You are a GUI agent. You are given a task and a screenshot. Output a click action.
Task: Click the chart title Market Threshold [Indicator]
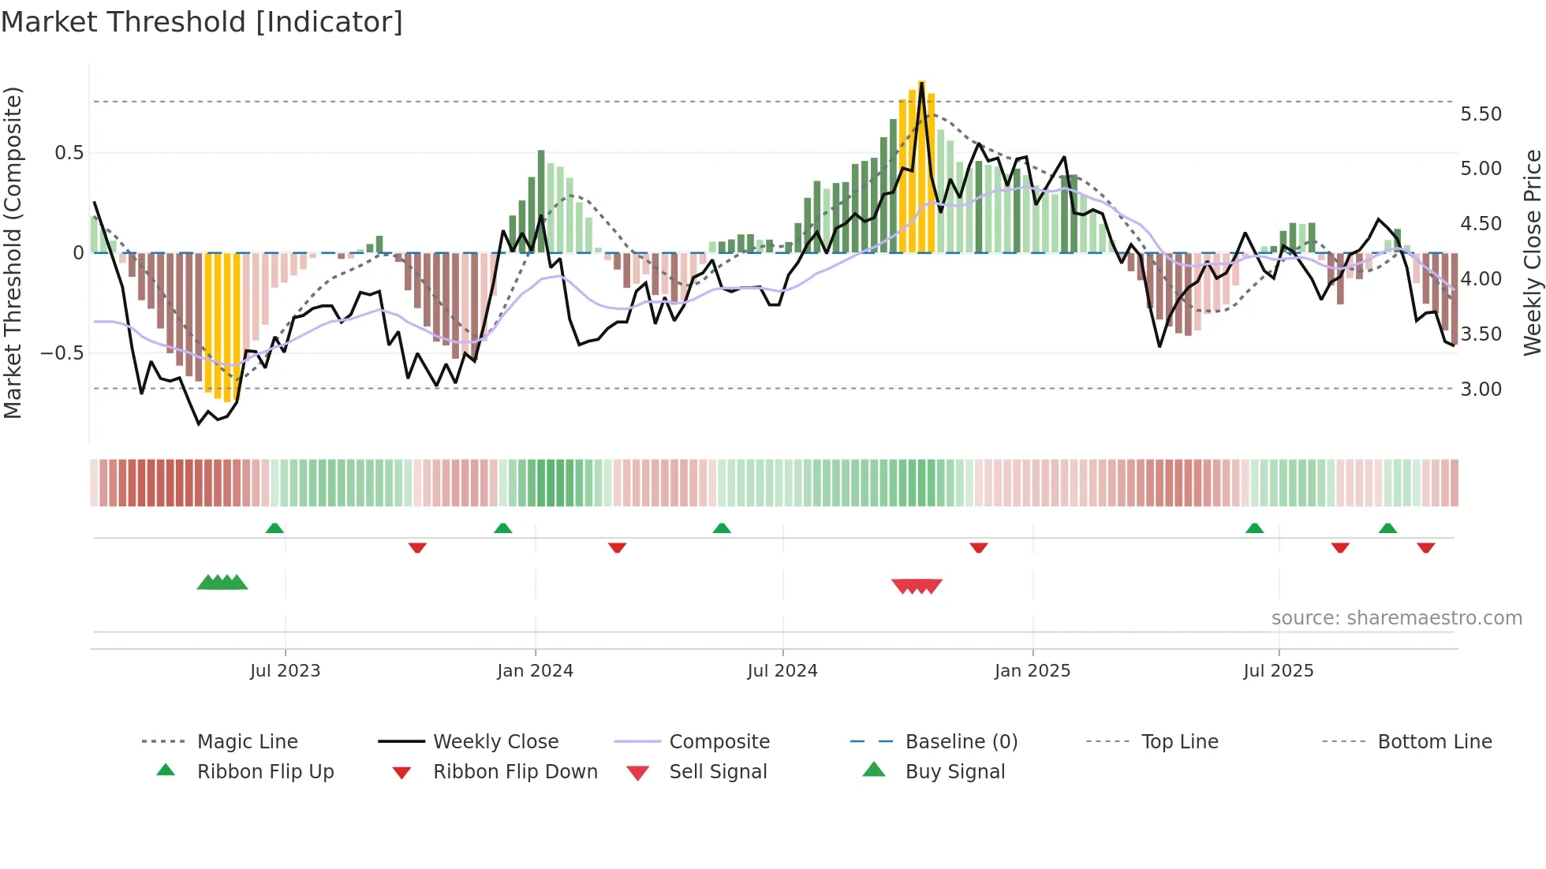coord(202,22)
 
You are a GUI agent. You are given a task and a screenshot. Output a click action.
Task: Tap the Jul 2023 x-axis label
coord(285,671)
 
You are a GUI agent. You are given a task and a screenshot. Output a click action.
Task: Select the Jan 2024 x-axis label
coord(535,671)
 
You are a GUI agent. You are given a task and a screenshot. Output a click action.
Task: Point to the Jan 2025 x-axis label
coord(1033,671)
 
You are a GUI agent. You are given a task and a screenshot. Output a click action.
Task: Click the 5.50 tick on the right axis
coord(1481,114)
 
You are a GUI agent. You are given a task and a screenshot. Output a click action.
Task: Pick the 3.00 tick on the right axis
coord(1481,390)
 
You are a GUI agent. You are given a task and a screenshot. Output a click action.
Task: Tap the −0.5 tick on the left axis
coord(62,352)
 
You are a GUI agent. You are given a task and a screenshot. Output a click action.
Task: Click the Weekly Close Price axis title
coord(1532,252)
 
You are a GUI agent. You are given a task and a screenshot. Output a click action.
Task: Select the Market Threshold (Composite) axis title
coord(13,252)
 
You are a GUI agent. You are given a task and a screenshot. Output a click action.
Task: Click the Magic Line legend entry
coord(247,742)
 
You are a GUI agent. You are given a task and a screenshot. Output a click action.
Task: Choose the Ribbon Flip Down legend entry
coord(515,772)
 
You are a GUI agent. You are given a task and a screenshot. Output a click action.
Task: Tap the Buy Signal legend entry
coord(954,772)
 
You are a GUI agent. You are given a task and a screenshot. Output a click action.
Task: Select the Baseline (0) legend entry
coord(961,742)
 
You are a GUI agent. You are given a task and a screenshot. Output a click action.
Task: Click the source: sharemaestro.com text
coord(1396,618)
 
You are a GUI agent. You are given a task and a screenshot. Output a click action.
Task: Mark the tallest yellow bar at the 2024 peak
coord(921,166)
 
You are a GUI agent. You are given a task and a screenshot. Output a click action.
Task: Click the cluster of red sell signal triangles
coord(917,586)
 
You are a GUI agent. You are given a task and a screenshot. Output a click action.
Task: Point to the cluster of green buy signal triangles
coord(222,583)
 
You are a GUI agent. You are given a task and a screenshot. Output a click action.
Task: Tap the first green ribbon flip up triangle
coord(274,528)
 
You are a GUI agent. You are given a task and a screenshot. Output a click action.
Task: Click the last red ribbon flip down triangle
coord(1425,547)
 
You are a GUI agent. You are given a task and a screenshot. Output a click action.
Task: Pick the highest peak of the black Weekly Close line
coord(921,84)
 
